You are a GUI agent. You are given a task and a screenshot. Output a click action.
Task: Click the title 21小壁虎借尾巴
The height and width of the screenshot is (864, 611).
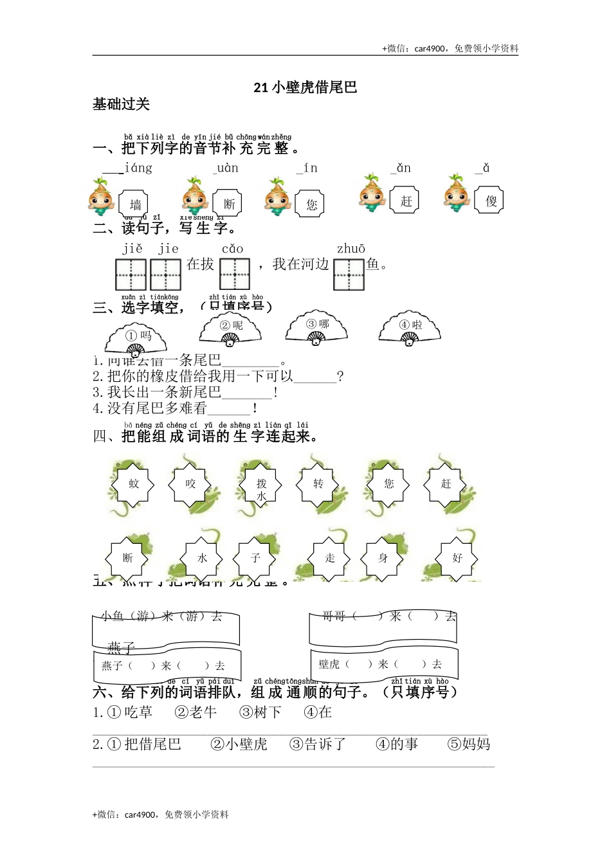click(x=305, y=87)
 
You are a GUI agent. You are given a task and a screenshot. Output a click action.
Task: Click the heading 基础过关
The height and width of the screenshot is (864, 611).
click(x=121, y=104)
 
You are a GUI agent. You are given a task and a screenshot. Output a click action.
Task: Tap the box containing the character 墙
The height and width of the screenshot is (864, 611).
click(x=135, y=204)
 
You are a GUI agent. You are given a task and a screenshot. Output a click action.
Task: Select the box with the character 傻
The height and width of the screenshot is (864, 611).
click(x=491, y=201)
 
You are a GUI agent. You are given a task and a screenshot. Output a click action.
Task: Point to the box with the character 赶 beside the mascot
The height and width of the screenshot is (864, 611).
click(x=406, y=201)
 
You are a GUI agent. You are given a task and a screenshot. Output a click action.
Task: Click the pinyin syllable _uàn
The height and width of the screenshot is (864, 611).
click(x=226, y=168)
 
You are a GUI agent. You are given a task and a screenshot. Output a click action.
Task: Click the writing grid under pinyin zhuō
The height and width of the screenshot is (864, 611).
click(x=349, y=274)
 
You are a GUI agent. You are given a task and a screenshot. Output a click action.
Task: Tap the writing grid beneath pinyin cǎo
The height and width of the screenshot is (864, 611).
click(x=235, y=274)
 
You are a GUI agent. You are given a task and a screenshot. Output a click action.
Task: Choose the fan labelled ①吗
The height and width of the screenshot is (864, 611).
click(x=136, y=338)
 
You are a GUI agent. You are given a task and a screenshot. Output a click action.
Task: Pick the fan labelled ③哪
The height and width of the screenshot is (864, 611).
click(x=316, y=327)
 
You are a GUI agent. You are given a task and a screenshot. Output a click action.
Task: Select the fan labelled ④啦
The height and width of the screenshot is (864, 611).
click(x=410, y=328)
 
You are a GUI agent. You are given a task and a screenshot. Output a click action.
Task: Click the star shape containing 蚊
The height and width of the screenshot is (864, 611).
click(x=134, y=484)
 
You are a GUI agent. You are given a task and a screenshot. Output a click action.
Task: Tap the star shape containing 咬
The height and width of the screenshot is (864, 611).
click(x=190, y=484)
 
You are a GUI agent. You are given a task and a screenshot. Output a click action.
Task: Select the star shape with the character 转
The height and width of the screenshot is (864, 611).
click(x=318, y=484)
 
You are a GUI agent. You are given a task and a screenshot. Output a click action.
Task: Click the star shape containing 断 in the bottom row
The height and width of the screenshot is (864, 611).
click(x=127, y=558)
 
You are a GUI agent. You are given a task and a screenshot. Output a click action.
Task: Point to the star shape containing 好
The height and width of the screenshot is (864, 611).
click(x=457, y=558)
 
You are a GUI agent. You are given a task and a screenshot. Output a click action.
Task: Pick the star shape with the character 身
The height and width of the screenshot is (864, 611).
click(x=383, y=558)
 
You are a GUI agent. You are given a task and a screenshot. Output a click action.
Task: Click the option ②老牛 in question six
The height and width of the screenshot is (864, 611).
click(x=196, y=712)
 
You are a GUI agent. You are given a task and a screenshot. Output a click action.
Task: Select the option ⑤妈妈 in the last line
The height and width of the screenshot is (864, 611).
click(x=469, y=744)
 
